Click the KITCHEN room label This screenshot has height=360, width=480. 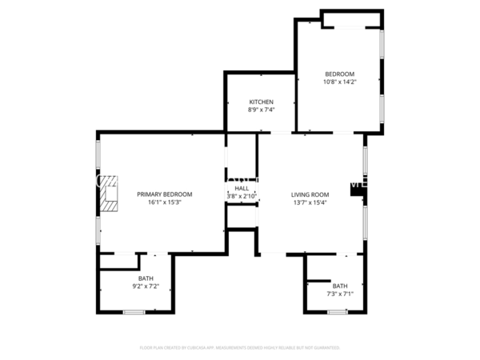tap(262, 102)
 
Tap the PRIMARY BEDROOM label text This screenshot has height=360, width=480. tap(164, 194)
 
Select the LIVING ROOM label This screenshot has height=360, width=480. tap(310, 194)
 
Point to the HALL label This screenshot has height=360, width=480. tap(242, 188)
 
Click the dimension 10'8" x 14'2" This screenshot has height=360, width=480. tap(339, 82)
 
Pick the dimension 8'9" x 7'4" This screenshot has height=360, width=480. tap(262, 110)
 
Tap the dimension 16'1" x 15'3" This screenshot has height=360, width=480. tap(164, 202)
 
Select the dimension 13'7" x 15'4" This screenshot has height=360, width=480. tap(310, 202)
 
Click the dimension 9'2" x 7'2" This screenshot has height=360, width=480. tap(146, 286)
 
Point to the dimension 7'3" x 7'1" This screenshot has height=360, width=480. tap(340, 294)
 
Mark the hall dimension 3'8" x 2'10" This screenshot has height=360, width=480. tap(241, 196)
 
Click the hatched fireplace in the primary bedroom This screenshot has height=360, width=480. tap(108, 194)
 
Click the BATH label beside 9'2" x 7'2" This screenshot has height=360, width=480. tap(146, 278)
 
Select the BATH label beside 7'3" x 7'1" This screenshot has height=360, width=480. tap(340, 286)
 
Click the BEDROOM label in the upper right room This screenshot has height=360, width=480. tap(339, 74)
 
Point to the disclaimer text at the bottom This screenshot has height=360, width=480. tap(240, 348)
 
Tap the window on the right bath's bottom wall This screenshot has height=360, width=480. tap(337, 311)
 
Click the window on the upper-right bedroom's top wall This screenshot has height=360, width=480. tap(352, 26)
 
